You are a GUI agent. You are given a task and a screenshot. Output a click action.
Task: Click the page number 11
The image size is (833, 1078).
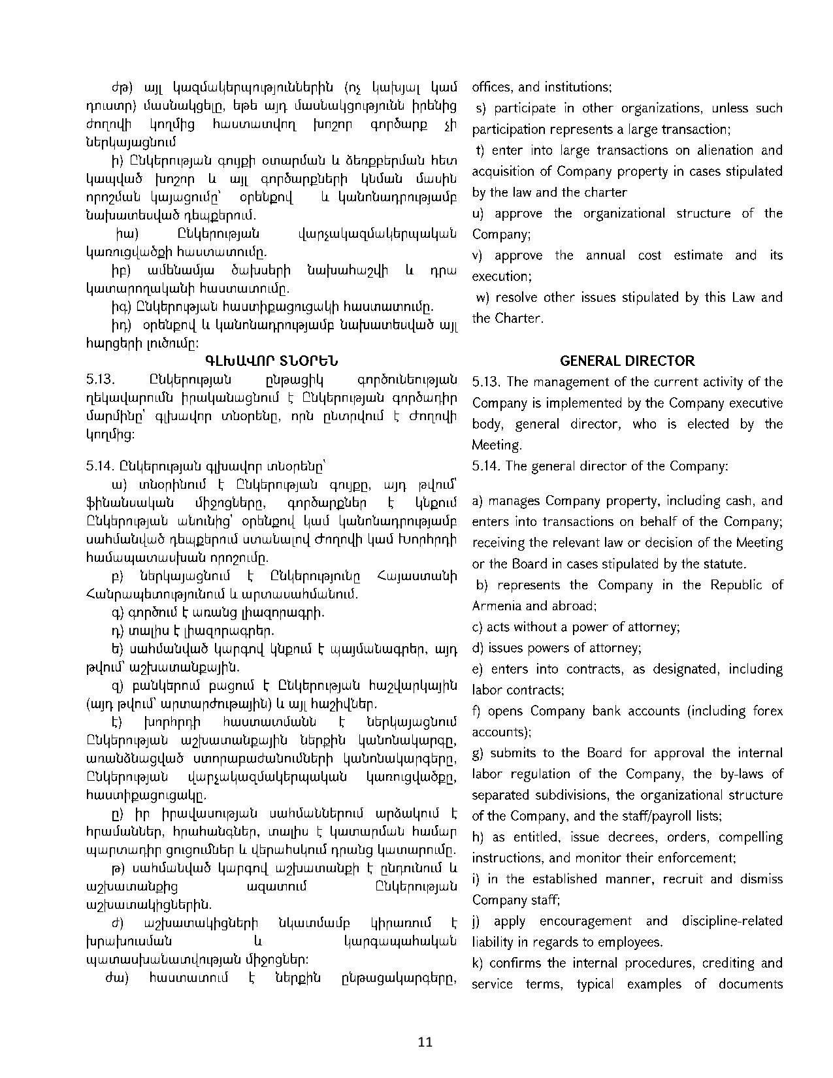click(425, 1041)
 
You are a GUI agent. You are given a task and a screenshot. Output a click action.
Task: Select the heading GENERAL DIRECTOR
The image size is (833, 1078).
click(627, 361)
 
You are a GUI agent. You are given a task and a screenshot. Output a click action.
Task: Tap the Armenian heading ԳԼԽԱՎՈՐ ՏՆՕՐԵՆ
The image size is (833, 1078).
click(272, 361)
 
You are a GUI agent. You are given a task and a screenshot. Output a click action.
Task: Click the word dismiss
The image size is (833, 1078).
click(761, 879)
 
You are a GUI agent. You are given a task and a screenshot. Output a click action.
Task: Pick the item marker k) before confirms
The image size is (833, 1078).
click(477, 963)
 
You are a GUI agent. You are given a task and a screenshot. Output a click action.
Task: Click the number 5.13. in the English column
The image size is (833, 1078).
click(485, 382)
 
